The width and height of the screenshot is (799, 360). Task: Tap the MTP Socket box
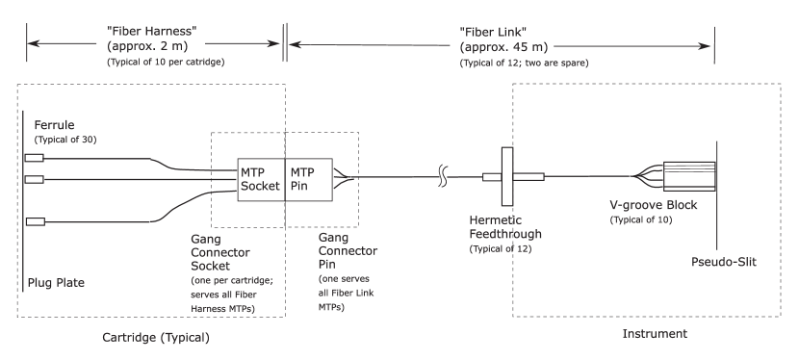(x=260, y=179)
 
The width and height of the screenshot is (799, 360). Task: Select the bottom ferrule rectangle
(x=36, y=223)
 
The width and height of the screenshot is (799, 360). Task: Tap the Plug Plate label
(x=55, y=283)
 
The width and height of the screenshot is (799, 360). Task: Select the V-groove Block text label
(x=653, y=206)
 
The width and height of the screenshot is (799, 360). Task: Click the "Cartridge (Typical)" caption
(x=156, y=338)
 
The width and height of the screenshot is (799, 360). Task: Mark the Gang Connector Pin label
(x=347, y=249)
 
